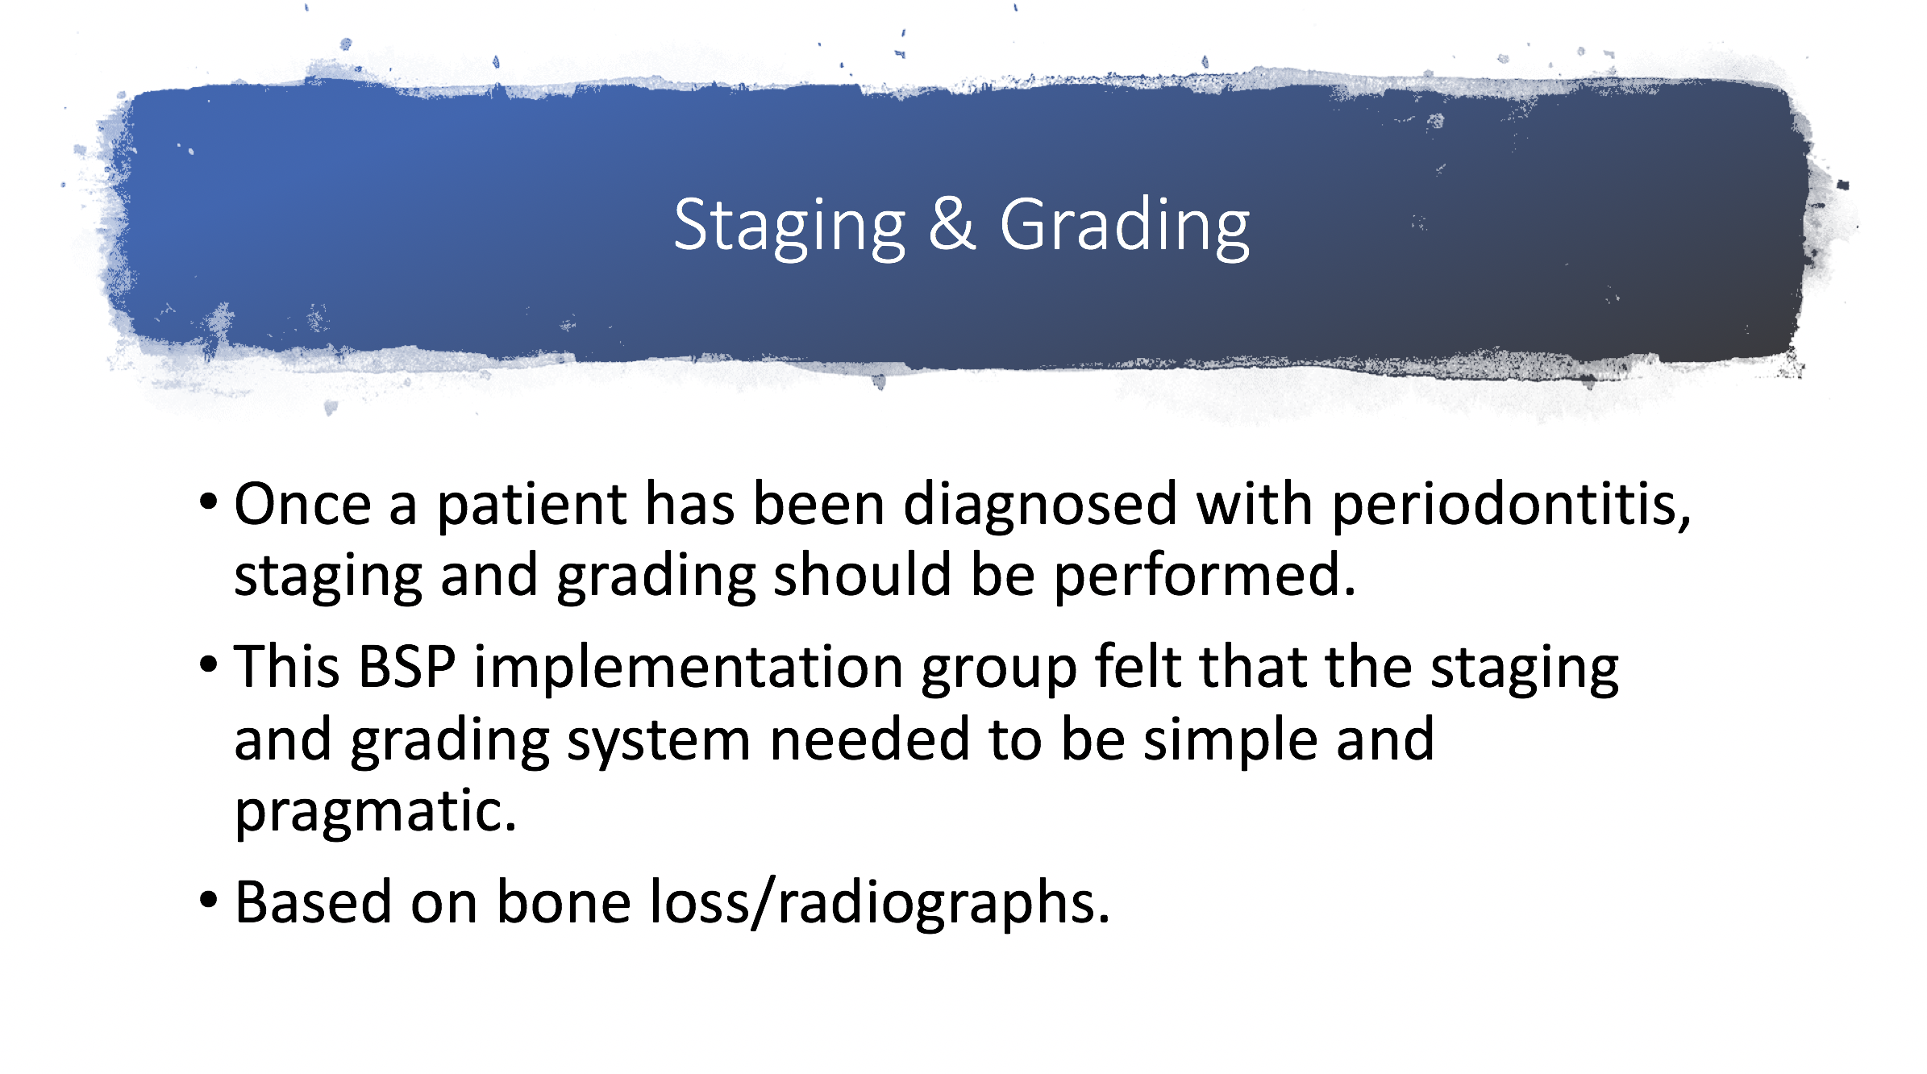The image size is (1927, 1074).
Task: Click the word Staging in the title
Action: (x=790, y=228)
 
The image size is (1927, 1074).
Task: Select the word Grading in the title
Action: (x=1125, y=228)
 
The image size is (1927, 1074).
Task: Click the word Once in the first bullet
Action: (x=303, y=504)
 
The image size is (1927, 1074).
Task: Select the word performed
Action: (x=1205, y=577)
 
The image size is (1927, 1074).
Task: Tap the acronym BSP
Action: (x=407, y=667)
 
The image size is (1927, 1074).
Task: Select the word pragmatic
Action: (x=376, y=813)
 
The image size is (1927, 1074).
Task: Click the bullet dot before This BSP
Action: (x=208, y=666)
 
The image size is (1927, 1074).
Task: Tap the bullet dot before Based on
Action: (x=208, y=901)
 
